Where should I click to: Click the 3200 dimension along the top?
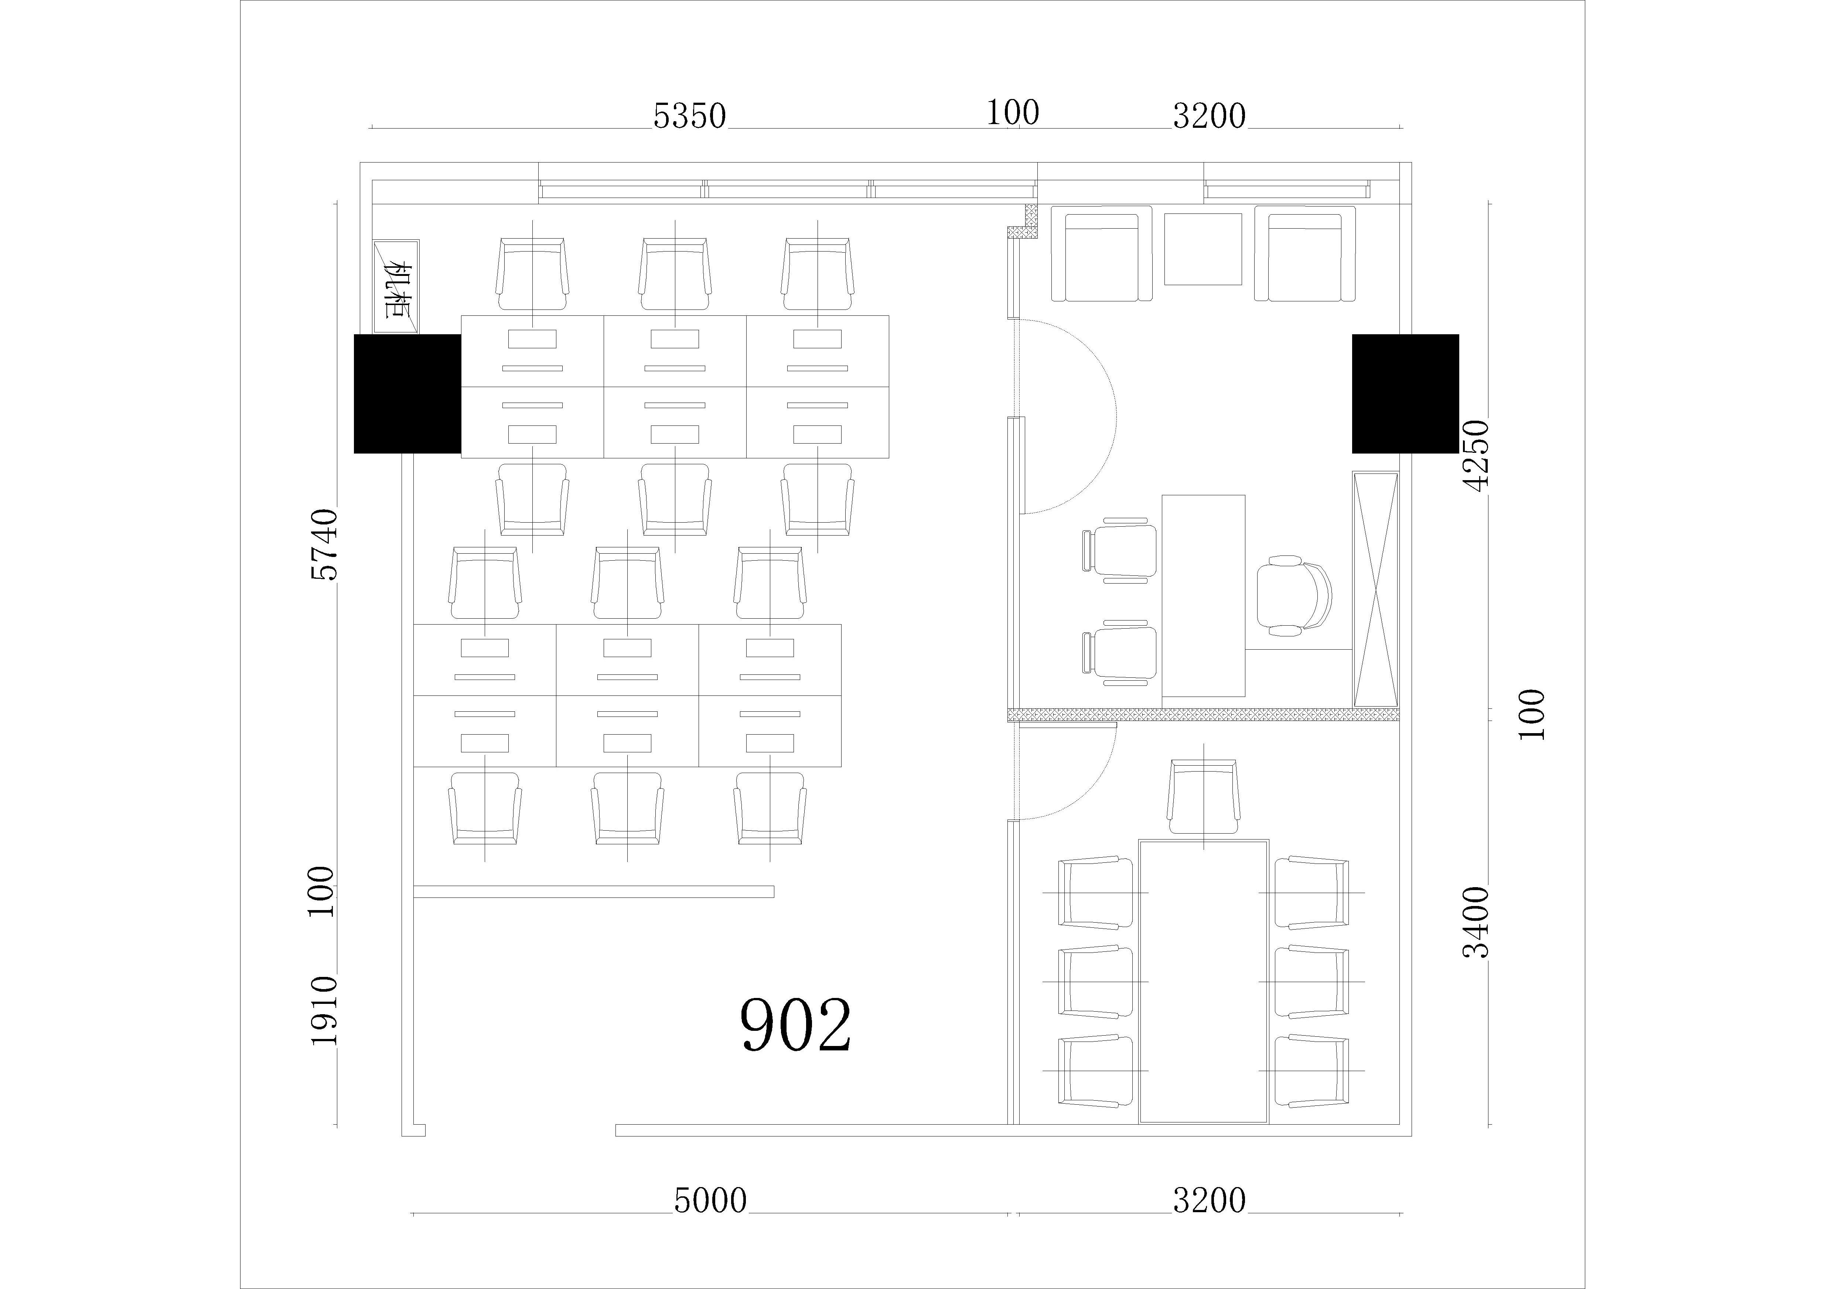tap(1209, 116)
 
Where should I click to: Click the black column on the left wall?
tap(407, 393)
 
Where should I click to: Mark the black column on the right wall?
tap(1405, 393)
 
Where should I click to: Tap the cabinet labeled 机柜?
tap(396, 286)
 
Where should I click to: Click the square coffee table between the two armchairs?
tap(1203, 249)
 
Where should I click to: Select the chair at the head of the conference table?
tap(1203, 796)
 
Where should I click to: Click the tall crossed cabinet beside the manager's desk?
tap(1375, 589)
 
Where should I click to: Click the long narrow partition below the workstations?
tap(594, 892)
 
